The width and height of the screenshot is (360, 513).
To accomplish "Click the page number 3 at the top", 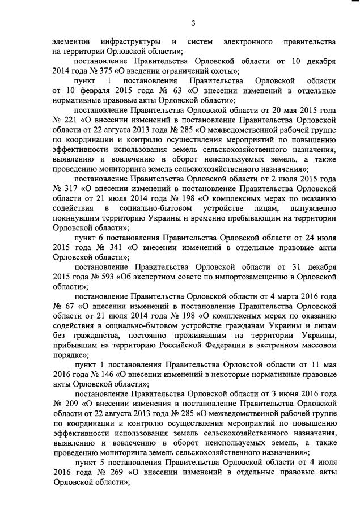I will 193,23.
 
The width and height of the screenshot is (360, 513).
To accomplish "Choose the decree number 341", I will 114,247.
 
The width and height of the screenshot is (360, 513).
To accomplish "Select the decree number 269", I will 114,473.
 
